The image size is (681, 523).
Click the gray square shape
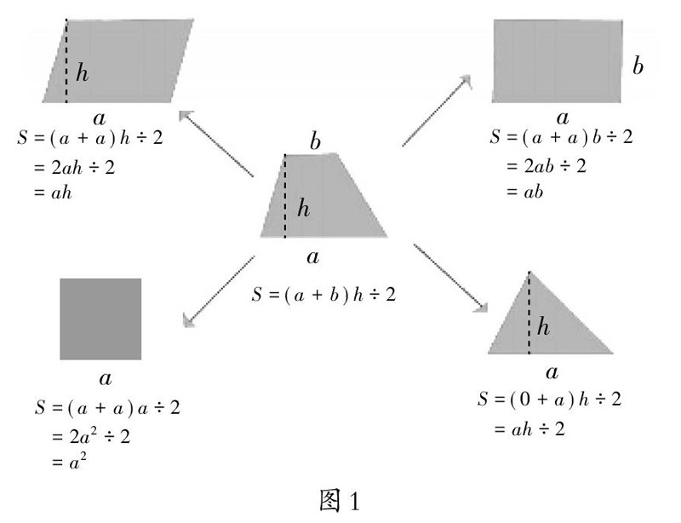coord(100,319)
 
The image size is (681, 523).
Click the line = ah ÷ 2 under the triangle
coord(529,429)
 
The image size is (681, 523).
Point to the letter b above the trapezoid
coord(315,141)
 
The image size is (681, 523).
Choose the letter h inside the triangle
coord(545,326)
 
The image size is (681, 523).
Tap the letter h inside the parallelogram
coord(82,73)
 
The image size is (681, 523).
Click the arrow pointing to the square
coord(217,290)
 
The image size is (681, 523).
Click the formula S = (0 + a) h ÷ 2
coord(550,399)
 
